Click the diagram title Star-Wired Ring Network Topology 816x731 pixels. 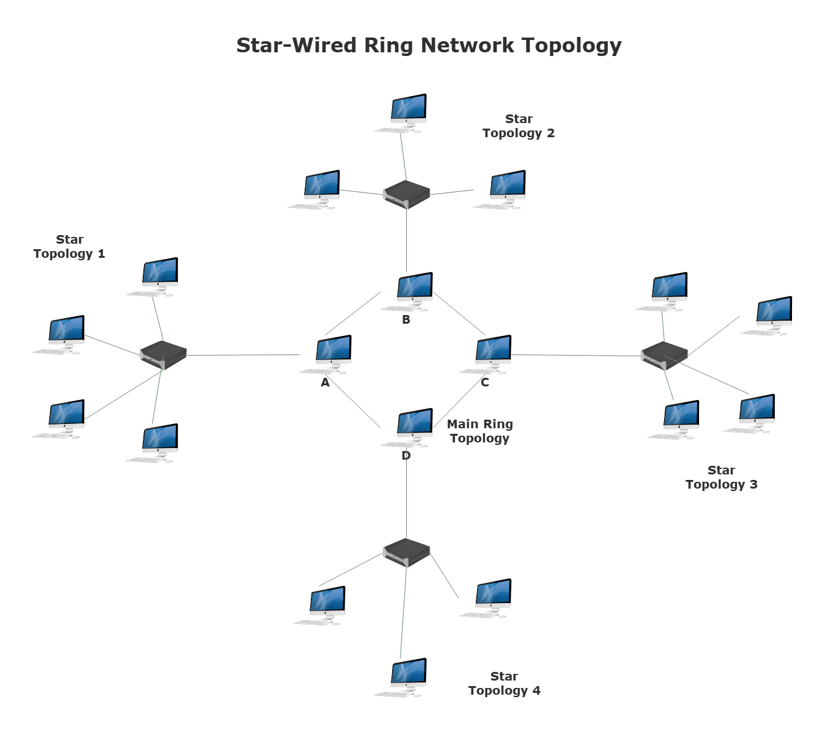pyautogui.click(x=429, y=45)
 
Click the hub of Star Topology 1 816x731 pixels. pyautogui.click(x=163, y=355)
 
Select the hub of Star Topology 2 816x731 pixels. pyautogui.click(x=406, y=194)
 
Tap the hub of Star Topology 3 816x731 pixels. pyautogui.click(x=663, y=355)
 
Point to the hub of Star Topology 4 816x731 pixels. pyautogui.click(x=406, y=552)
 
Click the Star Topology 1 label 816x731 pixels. pyautogui.click(x=70, y=246)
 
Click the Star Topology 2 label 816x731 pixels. pyautogui.click(x=519, y=126)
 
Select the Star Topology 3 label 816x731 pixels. pyautogui.click(x=721, y=477)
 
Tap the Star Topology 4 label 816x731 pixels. pyautogui.click(x=504, y=683)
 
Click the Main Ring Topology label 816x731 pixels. pyautogui.click(x=479, y=431)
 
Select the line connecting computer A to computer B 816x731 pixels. pyautogui.click(x=353, y=313)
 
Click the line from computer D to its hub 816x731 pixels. pyautogui.click(x=407, y=498)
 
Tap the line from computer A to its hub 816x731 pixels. pyautogui.click(x=243, y=355)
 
